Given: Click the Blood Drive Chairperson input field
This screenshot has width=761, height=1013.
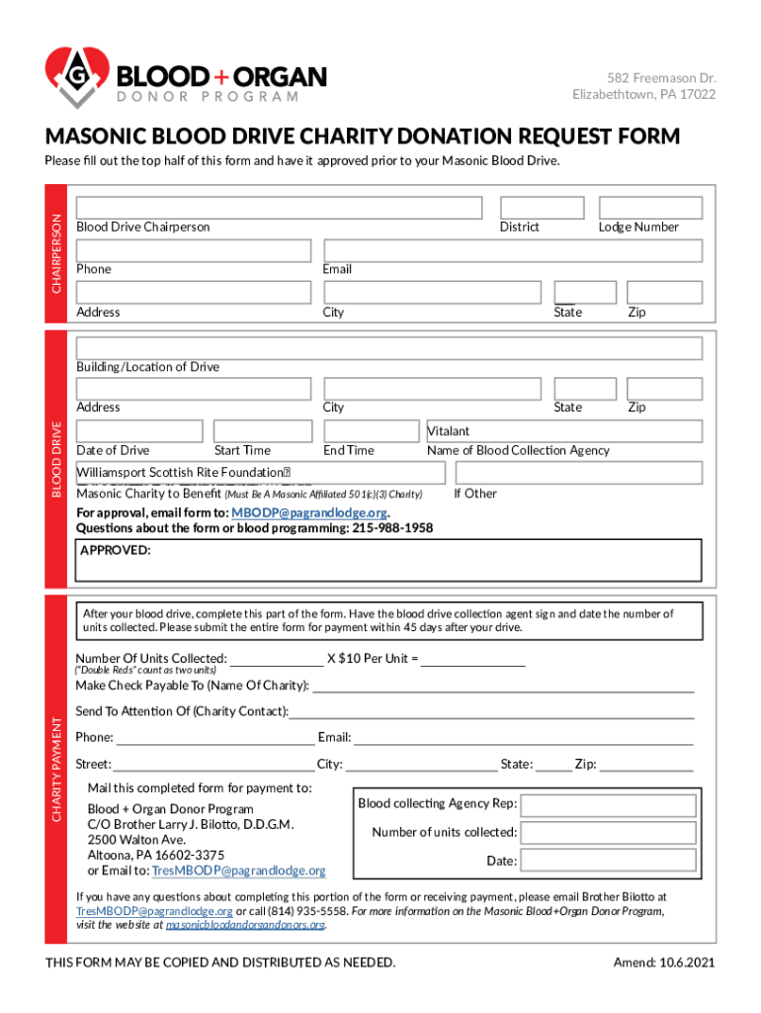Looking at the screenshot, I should pos(280,208).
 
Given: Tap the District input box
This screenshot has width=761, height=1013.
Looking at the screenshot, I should pos(535,208).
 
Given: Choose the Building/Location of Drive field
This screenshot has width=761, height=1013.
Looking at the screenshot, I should pos(389,348).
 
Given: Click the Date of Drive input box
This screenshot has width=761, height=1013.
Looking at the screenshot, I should pos(139,431).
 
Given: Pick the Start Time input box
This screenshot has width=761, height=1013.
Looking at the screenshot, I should pos(262,431).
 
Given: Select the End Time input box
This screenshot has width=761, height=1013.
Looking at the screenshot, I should pos(372,431).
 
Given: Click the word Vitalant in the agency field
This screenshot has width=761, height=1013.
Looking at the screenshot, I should pos(449,431).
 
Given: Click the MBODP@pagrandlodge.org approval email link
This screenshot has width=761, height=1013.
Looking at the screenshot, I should pos(308,512).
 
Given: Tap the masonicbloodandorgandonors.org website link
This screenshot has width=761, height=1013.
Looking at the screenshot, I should pos(245,925).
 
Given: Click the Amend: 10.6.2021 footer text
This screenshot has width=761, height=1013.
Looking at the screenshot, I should pos(664,963).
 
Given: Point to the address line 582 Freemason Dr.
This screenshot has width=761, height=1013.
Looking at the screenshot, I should pos(660,78).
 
